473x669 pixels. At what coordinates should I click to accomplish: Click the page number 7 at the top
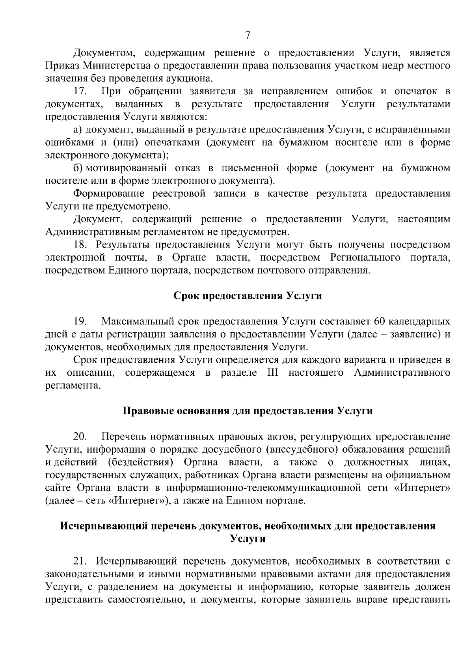pyautogui.click(x=248, y=35)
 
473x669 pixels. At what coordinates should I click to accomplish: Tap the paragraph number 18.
pyautogui.click(x=80, y=245)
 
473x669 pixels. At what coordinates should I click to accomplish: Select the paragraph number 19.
pyautogui.click(x=80, y=321)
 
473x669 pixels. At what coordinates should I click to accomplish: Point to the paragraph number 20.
pyautogui.click(x=80, y=436)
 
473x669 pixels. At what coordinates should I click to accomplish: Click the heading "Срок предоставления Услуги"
pyautogui.click(x=248, y=296)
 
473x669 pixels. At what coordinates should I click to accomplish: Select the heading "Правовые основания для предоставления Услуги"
pyautogui.click(x=248, y=411)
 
